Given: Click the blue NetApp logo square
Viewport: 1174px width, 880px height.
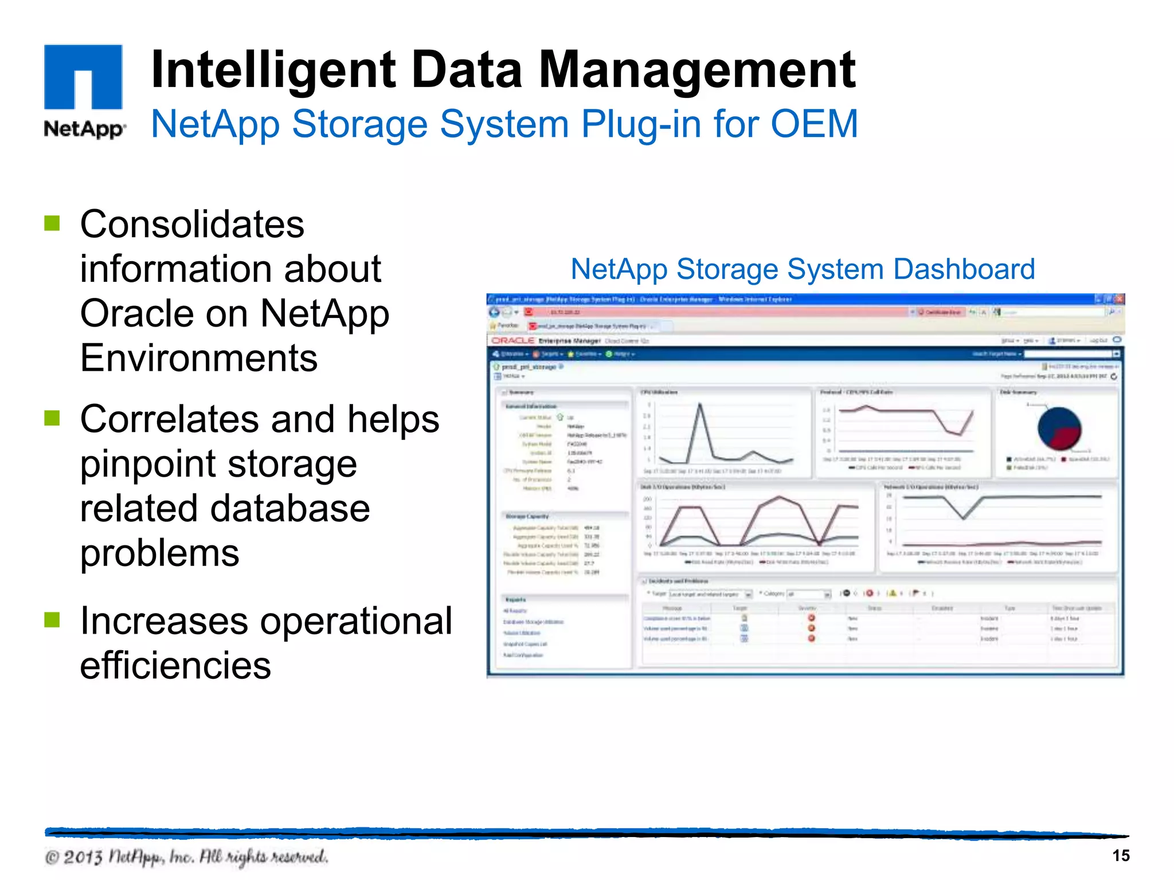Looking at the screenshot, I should point(83,76).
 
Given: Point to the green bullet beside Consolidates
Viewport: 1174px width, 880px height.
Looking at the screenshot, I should point(52,223).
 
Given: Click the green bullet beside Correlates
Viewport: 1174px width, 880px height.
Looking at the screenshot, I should point(52,418).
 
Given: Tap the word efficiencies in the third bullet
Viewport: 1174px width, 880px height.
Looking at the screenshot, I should point(175,666).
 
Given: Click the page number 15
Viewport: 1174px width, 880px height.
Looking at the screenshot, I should point(1121,855).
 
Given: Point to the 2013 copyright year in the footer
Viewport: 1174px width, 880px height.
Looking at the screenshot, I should point(83,857).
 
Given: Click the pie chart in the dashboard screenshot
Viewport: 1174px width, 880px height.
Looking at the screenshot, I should point(1059,429).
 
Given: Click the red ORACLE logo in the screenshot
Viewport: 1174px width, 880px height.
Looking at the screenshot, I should point(513,340).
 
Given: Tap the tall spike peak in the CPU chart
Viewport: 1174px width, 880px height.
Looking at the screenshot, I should point(699,404).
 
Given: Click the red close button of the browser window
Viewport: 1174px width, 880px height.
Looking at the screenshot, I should point(1118,299).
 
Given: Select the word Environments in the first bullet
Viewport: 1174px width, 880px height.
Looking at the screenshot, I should point(198,358).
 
